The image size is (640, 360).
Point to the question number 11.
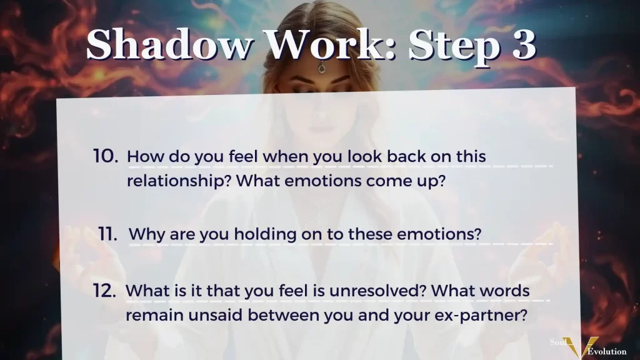[x=107, y=234]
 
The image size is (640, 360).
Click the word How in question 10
[x=144, y=156]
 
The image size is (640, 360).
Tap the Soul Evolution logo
[x=587, y=346]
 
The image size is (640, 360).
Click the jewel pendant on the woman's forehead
[x=322, y=68]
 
